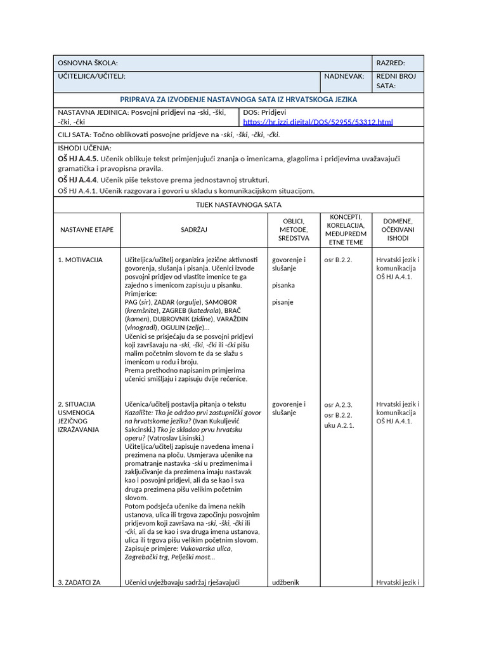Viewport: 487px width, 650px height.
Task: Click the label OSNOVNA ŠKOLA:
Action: click(88, 63)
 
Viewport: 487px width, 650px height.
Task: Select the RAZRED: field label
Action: click(391, 63)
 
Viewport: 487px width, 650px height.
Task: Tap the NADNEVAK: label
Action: click(344, 76)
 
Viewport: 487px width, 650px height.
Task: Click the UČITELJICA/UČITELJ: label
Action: click(92, 76)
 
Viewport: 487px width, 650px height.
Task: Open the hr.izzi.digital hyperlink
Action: click(318, 121)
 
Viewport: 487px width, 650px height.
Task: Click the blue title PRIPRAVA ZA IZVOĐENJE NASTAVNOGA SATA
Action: click(238, 100)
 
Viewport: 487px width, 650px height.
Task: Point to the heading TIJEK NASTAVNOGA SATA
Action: click(238, 205)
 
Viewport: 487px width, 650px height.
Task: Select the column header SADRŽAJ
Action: click(194, 229)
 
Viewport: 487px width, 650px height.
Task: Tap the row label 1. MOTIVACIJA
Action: click(80, 260)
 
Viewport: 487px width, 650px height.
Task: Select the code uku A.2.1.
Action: click(339, 425)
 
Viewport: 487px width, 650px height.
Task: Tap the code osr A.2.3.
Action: click(338, 405)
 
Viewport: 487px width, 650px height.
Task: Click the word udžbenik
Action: click(285, 582)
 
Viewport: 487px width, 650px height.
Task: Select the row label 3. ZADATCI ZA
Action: click(79, 582)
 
